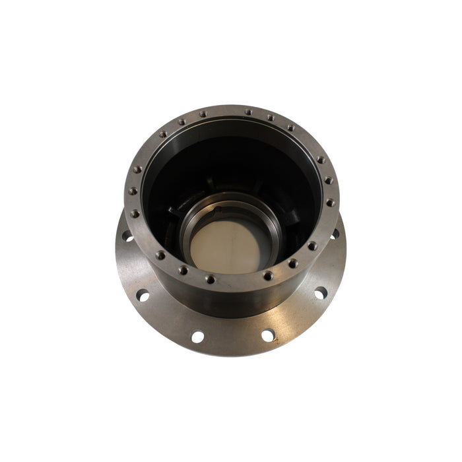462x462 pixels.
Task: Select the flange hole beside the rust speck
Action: pos(267,335)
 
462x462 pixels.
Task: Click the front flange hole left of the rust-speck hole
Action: pos(197,337)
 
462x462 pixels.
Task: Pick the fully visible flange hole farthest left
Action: pos(143,296)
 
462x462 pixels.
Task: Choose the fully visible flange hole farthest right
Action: pos(320,292)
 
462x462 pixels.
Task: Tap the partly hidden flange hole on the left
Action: pos(127,236)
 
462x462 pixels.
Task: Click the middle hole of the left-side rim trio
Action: pos(133,191)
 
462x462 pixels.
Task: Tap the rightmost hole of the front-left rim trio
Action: pos(210,279)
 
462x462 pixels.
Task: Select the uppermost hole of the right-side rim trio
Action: pos(320,160)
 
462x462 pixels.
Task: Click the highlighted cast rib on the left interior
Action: pos(173,213)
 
